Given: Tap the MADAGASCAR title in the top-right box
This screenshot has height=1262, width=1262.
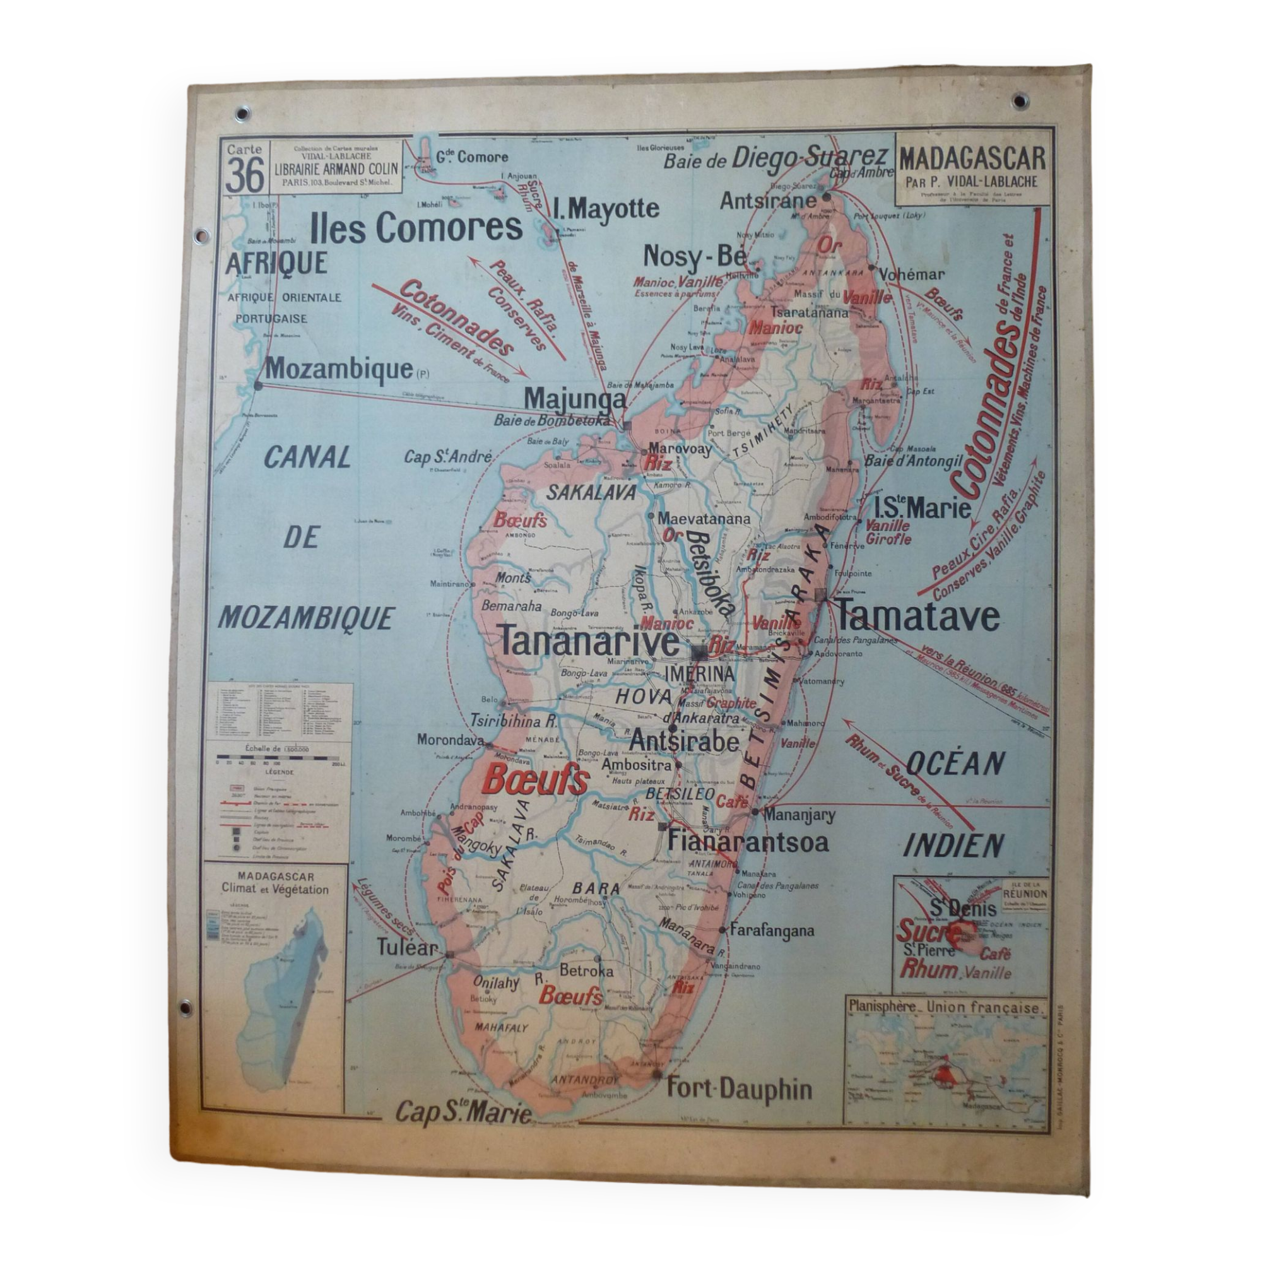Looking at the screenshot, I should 972,159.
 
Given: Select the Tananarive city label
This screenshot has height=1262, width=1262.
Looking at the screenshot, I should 590,643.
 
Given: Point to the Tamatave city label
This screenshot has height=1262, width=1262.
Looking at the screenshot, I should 917,615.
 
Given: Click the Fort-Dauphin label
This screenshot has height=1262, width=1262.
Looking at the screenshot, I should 739,1089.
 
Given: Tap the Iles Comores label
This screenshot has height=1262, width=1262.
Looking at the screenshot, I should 417,227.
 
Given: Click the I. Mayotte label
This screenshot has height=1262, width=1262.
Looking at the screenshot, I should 606,209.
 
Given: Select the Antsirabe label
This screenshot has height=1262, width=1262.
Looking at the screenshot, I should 685,741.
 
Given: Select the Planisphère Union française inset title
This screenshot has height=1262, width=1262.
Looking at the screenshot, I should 943,1008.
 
